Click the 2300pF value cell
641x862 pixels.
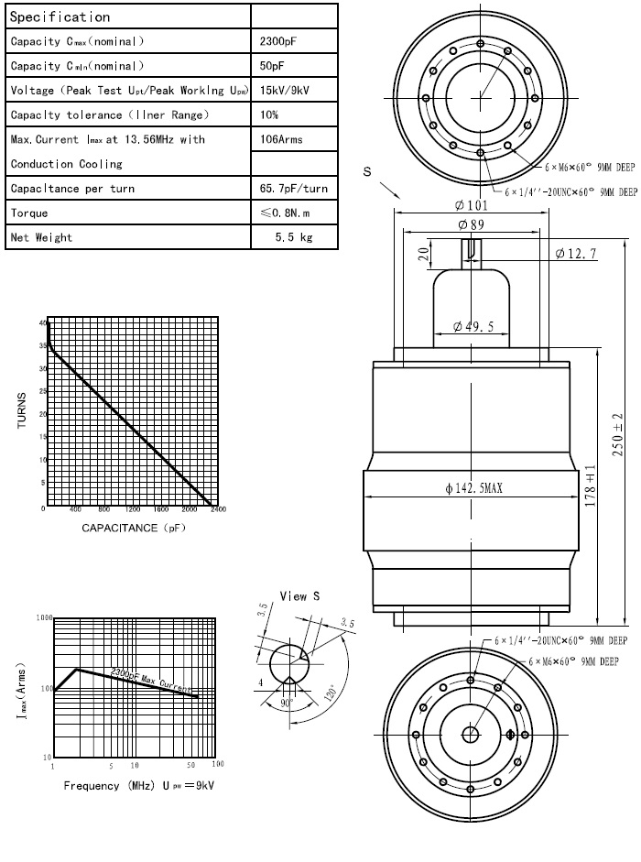tap(278, 41)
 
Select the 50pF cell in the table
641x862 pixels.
tap(272, 66)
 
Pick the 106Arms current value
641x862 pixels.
tap(281, 139)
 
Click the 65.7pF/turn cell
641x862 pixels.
tap(294, 188)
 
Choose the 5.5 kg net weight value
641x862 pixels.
tap(294, 237)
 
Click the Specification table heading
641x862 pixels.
tap(60, 16)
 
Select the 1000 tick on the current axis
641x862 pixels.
tap(42, 619)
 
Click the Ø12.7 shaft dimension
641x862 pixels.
tap(575, 254)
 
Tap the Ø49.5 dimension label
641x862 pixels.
tap(473, 327)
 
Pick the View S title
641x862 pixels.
tap(299, 595)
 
